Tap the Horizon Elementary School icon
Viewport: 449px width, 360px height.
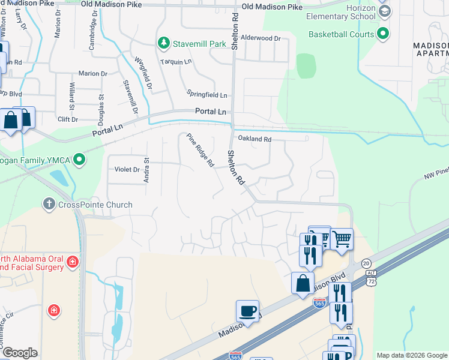[x=384, y=11]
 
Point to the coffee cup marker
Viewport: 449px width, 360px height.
[x=247, y=311]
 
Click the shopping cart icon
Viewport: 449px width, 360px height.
[x=342, y=239]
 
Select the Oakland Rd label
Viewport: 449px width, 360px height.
[x=255, y=139]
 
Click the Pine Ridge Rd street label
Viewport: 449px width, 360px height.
[x=200, y=150]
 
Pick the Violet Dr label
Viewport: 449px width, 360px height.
[x=127, y=169]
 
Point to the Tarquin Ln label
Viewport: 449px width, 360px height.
[x=175, y=62]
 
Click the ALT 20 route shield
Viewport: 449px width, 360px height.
[x=367, y=265]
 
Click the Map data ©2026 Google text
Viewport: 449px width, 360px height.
[x=411, y=355]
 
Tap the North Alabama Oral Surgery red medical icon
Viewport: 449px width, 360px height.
[x=72, y=262]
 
